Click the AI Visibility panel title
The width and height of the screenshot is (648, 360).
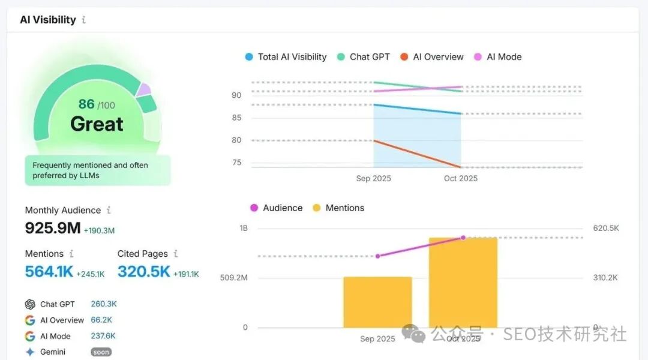[x=48, y=20]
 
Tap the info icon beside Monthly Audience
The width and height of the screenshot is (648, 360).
[x=109, y=210]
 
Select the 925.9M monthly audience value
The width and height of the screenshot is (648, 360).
[x=53, y=228]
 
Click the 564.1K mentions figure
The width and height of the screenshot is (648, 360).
[x=49, y=272]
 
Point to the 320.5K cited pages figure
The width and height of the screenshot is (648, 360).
[x=144, y=272]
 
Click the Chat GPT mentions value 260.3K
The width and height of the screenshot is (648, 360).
[x=104, y=304]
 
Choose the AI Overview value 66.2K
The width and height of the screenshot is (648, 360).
[x=101, y=320]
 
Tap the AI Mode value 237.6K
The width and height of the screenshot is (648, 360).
[x=103, y=336]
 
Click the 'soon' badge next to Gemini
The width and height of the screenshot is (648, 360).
[x=101, y=352]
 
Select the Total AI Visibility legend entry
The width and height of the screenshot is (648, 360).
[x=286, y=57]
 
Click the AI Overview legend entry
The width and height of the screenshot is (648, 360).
[x=432, y=57]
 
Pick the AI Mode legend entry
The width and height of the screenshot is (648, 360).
[x=498, y=57]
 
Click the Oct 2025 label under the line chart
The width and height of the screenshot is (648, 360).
[x=460, y=178]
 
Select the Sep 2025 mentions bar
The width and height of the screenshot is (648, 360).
[x=377, y=302]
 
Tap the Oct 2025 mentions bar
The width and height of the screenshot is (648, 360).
[x=463, y=283]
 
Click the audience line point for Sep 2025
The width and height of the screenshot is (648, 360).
[x=377, y=256]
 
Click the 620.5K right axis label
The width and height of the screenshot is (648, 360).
[x=605, y=228]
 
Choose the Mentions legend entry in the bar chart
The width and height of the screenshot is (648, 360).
[x=338, y=208]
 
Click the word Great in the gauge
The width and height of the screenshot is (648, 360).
[x=97, y=124]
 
